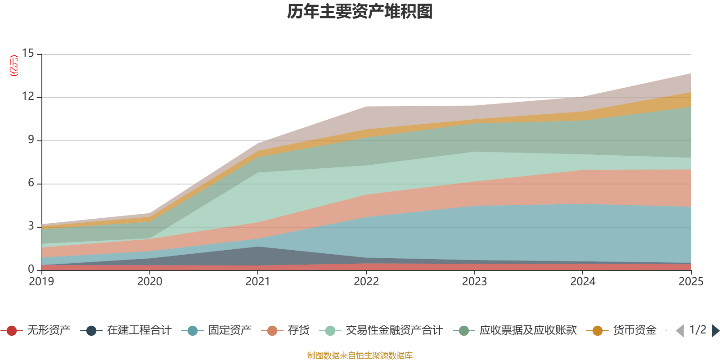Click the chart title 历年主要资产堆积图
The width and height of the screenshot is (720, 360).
pyautogui.click(x=360, y=12)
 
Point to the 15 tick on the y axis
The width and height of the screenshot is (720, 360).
pyautogui.click(x=28, y=54)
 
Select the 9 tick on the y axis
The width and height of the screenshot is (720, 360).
pyautogui.click(x=31, y=140)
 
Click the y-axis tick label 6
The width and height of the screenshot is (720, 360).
pyautogui.click(x=31, y=183)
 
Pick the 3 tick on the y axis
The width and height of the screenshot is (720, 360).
pyautogui.click(x=31, y=226)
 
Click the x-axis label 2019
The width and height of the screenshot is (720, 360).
pyautogui.click(x=41, y=282)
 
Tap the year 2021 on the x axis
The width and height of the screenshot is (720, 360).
pyautogui.click(x=258, y=282)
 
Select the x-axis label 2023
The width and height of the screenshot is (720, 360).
pyautogui.click(x=474, y=282)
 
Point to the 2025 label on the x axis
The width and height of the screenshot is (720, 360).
pyautogui.click(x=691, y=282)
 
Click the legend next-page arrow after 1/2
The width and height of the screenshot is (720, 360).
pyautogui.click(x=715, y=331)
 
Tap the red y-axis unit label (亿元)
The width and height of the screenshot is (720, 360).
pyautogui.click(x=14, y=66)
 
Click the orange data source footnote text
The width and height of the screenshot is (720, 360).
pyautogui.click(x=360, y=355)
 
